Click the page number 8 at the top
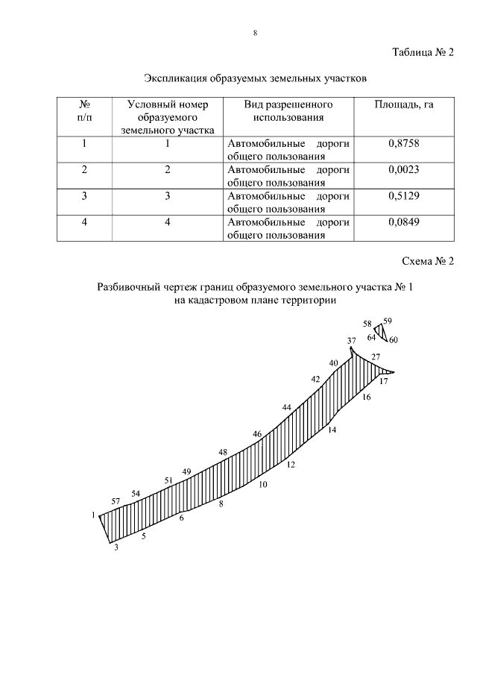click(255, 33)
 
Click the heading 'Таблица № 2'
click(423, 52)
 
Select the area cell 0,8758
click(404, 144)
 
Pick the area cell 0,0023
click(404, 169)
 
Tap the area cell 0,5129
click(404, 195)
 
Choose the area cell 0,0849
click(404, 222)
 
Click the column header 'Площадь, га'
click(404, 105)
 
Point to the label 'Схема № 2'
click(427, 261)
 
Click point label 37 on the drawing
click(352, 340)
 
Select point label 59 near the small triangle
click(388, 321)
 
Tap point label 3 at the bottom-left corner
click(116, 547)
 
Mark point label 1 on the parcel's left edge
click(94, 515)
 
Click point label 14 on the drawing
click(332, 430)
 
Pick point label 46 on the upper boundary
click(257, 433)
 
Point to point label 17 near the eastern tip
click(384, 381)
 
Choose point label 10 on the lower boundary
click(262, 484)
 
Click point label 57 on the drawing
click(116, 501)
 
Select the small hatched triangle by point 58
click(380, 330)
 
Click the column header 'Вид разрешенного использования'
click(288, 111)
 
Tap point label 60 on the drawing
click(394, 340)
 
